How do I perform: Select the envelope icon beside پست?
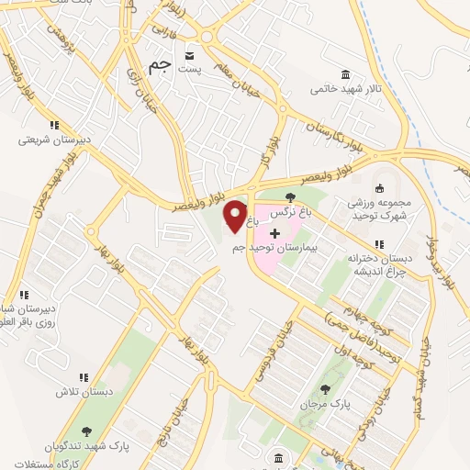click(190, 52)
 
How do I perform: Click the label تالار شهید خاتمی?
click(338, 89)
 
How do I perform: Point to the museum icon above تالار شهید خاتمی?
click(345, 74)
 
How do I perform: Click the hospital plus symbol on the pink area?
click(274, 232)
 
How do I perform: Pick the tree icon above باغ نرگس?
click(291, 197)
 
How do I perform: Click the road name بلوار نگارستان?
click(336, 136)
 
